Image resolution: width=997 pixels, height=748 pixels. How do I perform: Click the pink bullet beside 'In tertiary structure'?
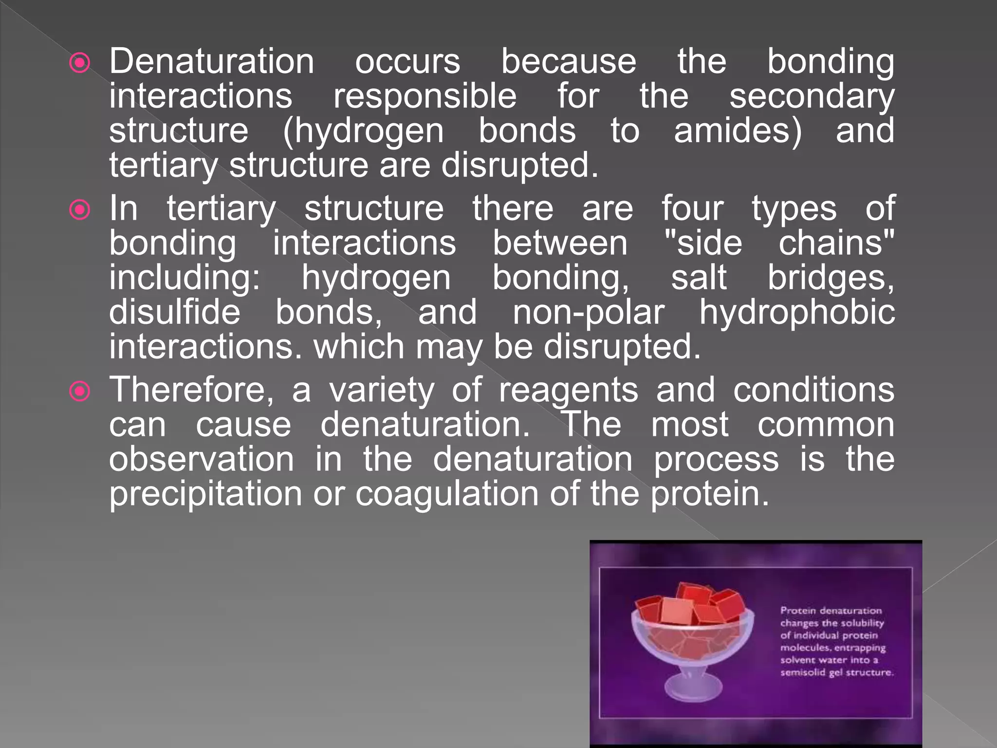(x=80, y=210)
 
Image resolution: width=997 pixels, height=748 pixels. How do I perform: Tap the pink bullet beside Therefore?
(x=80, y=392)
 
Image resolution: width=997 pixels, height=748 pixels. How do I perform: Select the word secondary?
(x=812, y=96)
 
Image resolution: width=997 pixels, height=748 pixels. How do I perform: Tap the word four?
(x=692, y=208)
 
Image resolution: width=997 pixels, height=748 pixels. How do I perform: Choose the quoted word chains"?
(x=836, y=243)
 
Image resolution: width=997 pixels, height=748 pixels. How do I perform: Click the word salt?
(x=699, y=278)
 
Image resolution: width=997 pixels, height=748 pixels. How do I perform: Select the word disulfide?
(x=174, y=312)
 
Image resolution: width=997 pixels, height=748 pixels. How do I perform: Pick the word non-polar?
(x=589, y=313)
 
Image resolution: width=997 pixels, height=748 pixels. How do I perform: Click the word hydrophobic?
(x=797, y=313)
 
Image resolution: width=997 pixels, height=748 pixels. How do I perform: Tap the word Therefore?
(x=191, y=390)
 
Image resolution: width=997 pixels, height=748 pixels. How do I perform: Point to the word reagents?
(x=568, y=391)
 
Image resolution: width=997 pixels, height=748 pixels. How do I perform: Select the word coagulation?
(x=447, y=494)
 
